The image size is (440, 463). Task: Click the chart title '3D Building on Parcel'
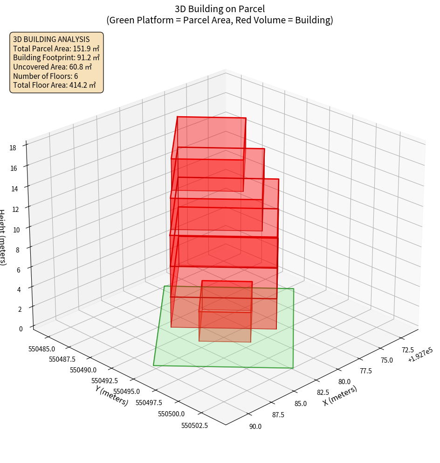(x=220, y=8)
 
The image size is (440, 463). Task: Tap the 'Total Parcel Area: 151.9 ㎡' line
(x=56, y=49)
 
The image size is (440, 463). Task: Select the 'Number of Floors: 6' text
(x=46, y=76)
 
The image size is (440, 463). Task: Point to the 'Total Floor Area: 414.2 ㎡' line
(x=55, y=85)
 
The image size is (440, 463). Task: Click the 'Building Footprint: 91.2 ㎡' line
(x=56, y=58)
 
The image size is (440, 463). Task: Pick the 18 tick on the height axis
(x=13, y=148)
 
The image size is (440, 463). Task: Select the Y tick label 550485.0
(x=41, y=349)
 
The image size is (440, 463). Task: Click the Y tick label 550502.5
(x=194, y=425)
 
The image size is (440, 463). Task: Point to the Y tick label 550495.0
(x=126, y=392)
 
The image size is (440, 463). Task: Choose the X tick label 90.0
(x=255, y=426)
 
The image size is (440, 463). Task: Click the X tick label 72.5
(x=408, y=350)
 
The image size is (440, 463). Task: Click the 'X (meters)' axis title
(x=340, y=396)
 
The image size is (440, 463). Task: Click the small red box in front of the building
(x=226, y=310)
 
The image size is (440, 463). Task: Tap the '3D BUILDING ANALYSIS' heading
(x=51, y=40)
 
